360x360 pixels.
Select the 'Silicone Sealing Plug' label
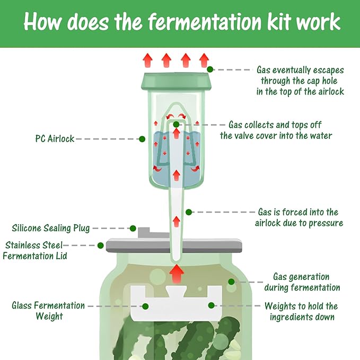tap(51, 229)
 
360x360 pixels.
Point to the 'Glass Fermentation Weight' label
tap(48, 311)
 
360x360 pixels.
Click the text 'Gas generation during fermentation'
tap(301, 282)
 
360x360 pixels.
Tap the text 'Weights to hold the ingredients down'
tap(301, 311)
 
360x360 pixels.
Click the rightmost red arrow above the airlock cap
tap(204, 59)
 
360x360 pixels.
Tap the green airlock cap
tap(177, 81)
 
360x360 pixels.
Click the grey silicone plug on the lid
tap(143, 232)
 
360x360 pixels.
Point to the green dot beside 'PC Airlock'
tap(142, 139)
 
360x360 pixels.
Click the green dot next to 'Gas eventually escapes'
tap(210, 69)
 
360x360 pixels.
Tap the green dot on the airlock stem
tap(189, 212)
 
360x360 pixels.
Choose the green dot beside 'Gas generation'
tap(231, 282)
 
